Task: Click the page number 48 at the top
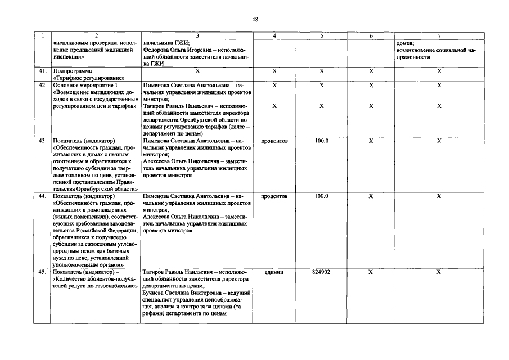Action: click(255, 20)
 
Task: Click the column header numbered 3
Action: click(197, 35)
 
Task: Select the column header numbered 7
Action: click(439, 35)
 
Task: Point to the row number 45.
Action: click(42, 272)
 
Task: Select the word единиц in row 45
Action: click(274, 272)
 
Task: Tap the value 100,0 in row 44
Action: click(321, 196)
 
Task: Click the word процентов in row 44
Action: click(274, 196)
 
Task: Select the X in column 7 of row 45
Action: click(439, 272)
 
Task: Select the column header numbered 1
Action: click(42, 35)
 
